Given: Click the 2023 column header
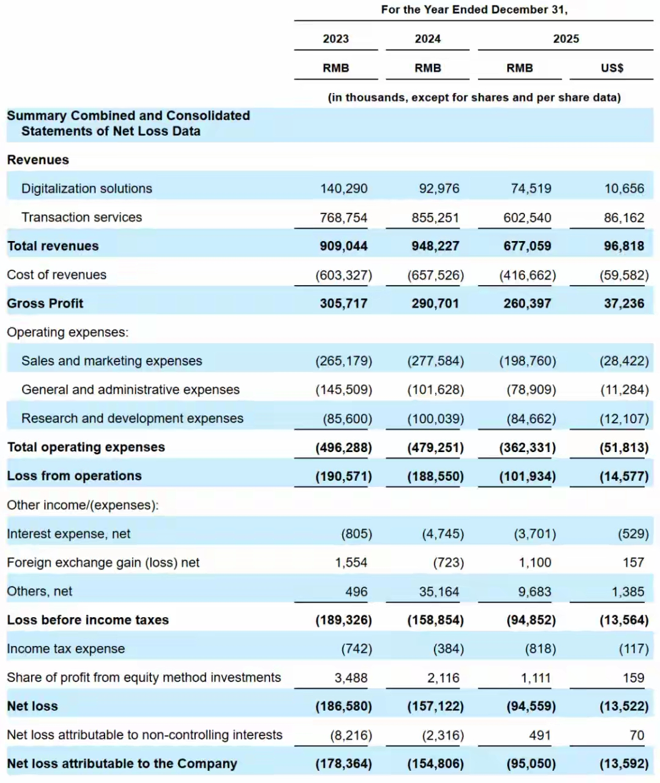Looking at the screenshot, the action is pyautogui.click(x=335, y=39).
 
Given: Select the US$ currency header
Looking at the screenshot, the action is pyautogui.click(x=612, y=69).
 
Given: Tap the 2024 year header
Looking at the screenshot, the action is pyautogui.click(x=427, y=39).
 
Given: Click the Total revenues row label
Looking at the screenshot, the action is pyautogui.click(x=53, y=246).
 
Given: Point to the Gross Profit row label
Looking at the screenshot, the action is pyautogui.click(x=45, y=303).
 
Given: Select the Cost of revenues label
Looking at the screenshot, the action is pyautogui.click(x=57, y=275).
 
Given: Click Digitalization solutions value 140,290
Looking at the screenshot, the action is pyautogui.click(x=343, y=188).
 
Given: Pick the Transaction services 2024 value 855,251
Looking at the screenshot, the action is pyautogui.click(x=435, y=218).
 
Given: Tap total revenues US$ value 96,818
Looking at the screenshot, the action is pyautogui.click(x=624, y=246).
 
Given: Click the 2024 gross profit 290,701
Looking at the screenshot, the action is pyautogui.click(x=435, y=303).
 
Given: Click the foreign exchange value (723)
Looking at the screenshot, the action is pyautogui.click(x=449, y=563).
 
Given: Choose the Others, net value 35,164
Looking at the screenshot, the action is pyautogui.click(x=439, y=592).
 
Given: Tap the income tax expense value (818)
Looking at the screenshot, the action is pyautogui.click(x=540, y=649).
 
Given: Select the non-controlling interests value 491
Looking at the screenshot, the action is pyautogui.click(x=540, y=735).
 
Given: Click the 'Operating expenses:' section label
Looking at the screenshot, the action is pyautogui.click(x=68, y=332).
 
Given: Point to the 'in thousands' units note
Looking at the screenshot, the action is pyautogui.click(x=474, y=97).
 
